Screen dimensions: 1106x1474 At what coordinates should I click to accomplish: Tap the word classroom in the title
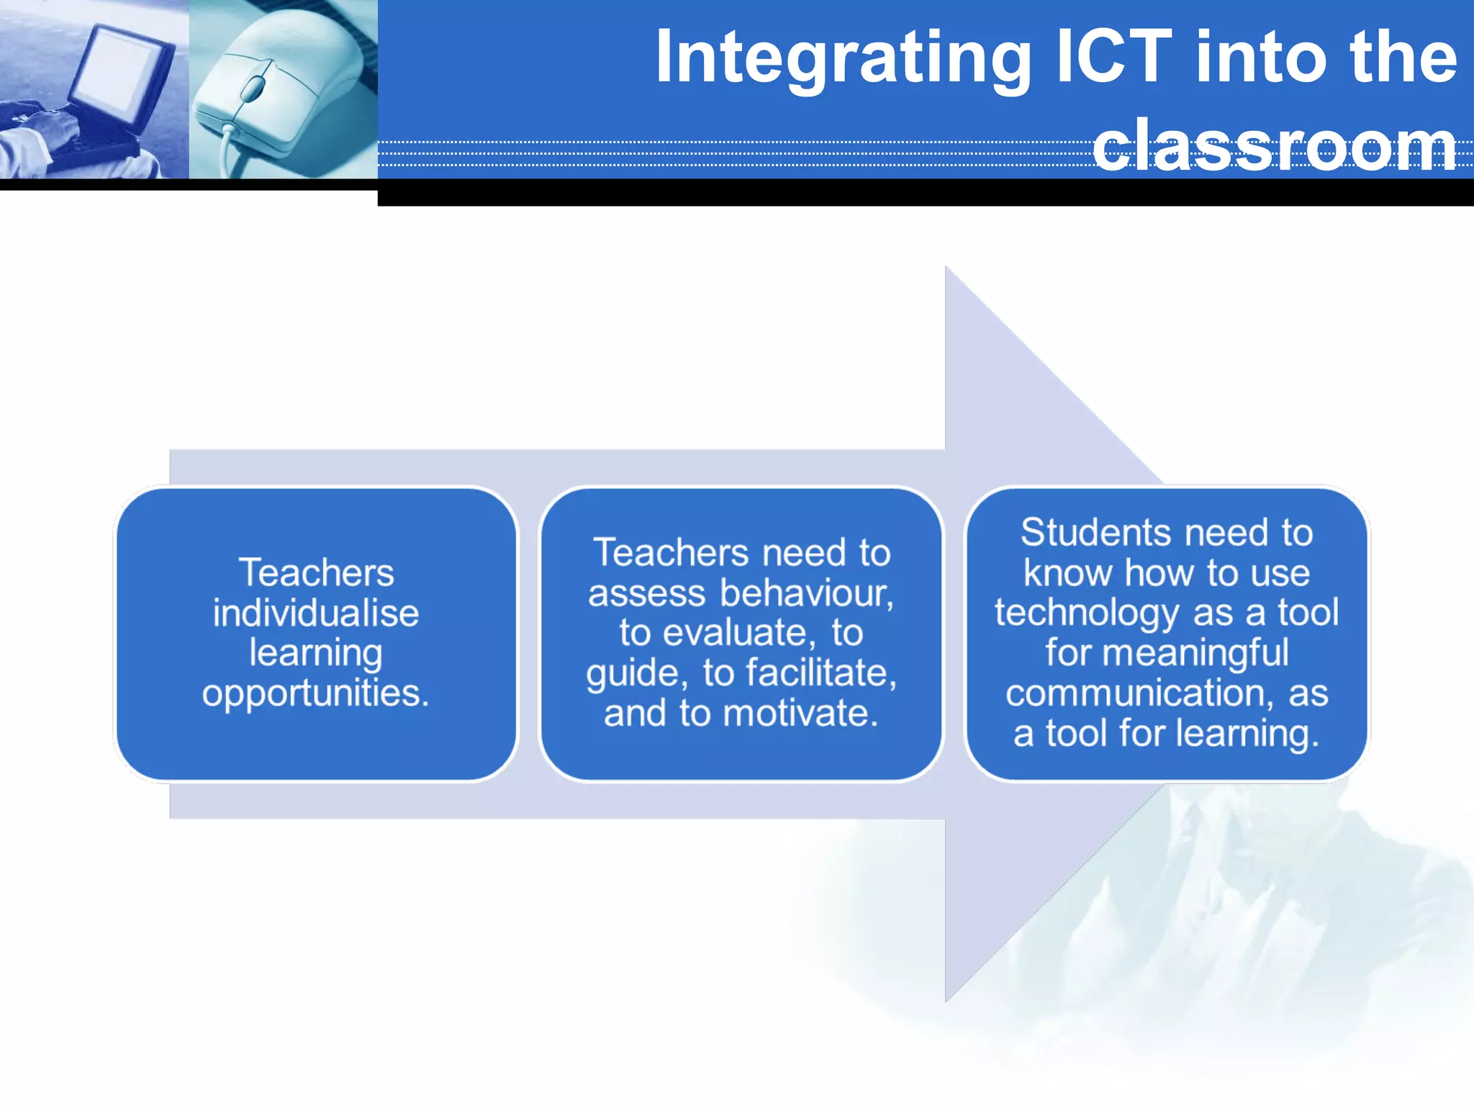(x=1275, y=146)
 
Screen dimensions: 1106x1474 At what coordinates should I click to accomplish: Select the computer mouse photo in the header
(x=283, y=89)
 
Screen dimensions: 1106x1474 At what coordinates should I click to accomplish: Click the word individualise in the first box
(x=316, y=613)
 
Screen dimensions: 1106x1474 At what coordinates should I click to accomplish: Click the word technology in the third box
(x=1086, y=613)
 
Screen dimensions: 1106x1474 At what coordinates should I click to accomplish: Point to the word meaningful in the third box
(x=1195, y=653)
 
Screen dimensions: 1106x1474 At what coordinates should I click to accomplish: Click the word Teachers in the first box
(x=316, y=573)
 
